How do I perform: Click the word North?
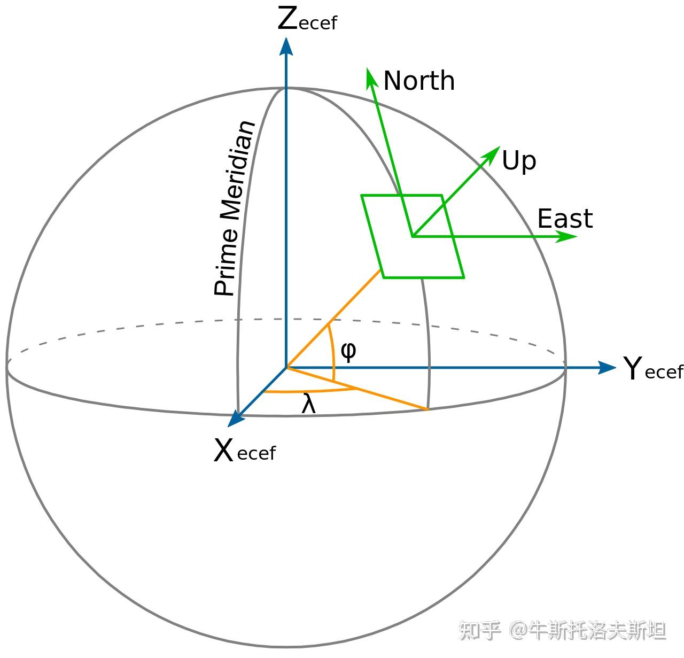point(419,81)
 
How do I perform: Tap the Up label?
point(518,161)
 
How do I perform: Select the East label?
point(565,219)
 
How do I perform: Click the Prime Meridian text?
point(234,208)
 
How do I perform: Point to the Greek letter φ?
point(348,351)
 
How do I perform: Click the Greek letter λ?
point(309,404)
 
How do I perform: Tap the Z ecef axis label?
point(307,20)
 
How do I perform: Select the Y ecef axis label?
point(652,369)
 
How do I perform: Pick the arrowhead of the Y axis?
point(608,367)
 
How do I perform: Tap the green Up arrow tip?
point(495,151)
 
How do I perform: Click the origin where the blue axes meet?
point(286,368)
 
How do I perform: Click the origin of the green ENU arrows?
point(413,235)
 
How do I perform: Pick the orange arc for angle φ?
point(333,353)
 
